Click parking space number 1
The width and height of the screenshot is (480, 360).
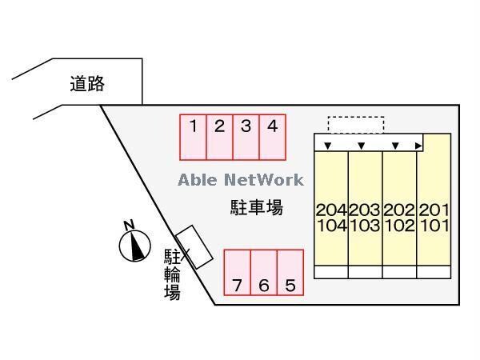(x=194, y=137)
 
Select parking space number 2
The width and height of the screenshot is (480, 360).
(x=219, y=137)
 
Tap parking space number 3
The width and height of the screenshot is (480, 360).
(x=246, y=137)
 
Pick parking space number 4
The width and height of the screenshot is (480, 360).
(x=272, y=137)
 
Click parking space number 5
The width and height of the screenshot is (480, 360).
(x=290, y=273)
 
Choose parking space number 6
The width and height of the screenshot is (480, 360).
(x=264, y=273)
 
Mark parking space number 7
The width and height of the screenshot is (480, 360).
(x=237, y=273)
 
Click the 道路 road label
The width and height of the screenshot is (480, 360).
(x=87, y=83)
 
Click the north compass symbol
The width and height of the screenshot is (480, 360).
(x=135, y=243)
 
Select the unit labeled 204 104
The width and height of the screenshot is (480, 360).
(x=331, y=217)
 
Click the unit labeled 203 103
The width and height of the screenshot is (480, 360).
(x=366, y=217)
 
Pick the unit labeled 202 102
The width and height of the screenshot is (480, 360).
(x=400, y=217)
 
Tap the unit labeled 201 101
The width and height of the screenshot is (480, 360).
(x=434, y=217)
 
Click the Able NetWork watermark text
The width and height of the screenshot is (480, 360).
(x=241, y=179)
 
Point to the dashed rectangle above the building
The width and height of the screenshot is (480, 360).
(x=356, y=124)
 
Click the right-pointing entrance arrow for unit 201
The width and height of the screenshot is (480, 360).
(x=418, y=146)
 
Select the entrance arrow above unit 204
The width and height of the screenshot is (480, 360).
(x=326, y=146)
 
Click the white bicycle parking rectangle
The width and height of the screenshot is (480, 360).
(x=194, y=246)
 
